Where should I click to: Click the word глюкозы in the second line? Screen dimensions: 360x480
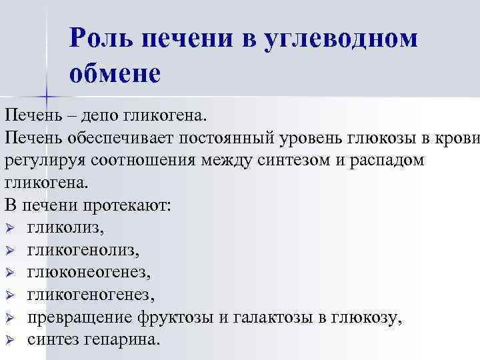[387, 138]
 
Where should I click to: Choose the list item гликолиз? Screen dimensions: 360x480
[66, 228]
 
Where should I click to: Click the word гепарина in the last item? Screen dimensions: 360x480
[125, 339]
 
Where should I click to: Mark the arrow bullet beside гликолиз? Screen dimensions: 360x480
[9, 229]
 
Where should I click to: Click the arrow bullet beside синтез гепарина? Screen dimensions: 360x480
[9, 340]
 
